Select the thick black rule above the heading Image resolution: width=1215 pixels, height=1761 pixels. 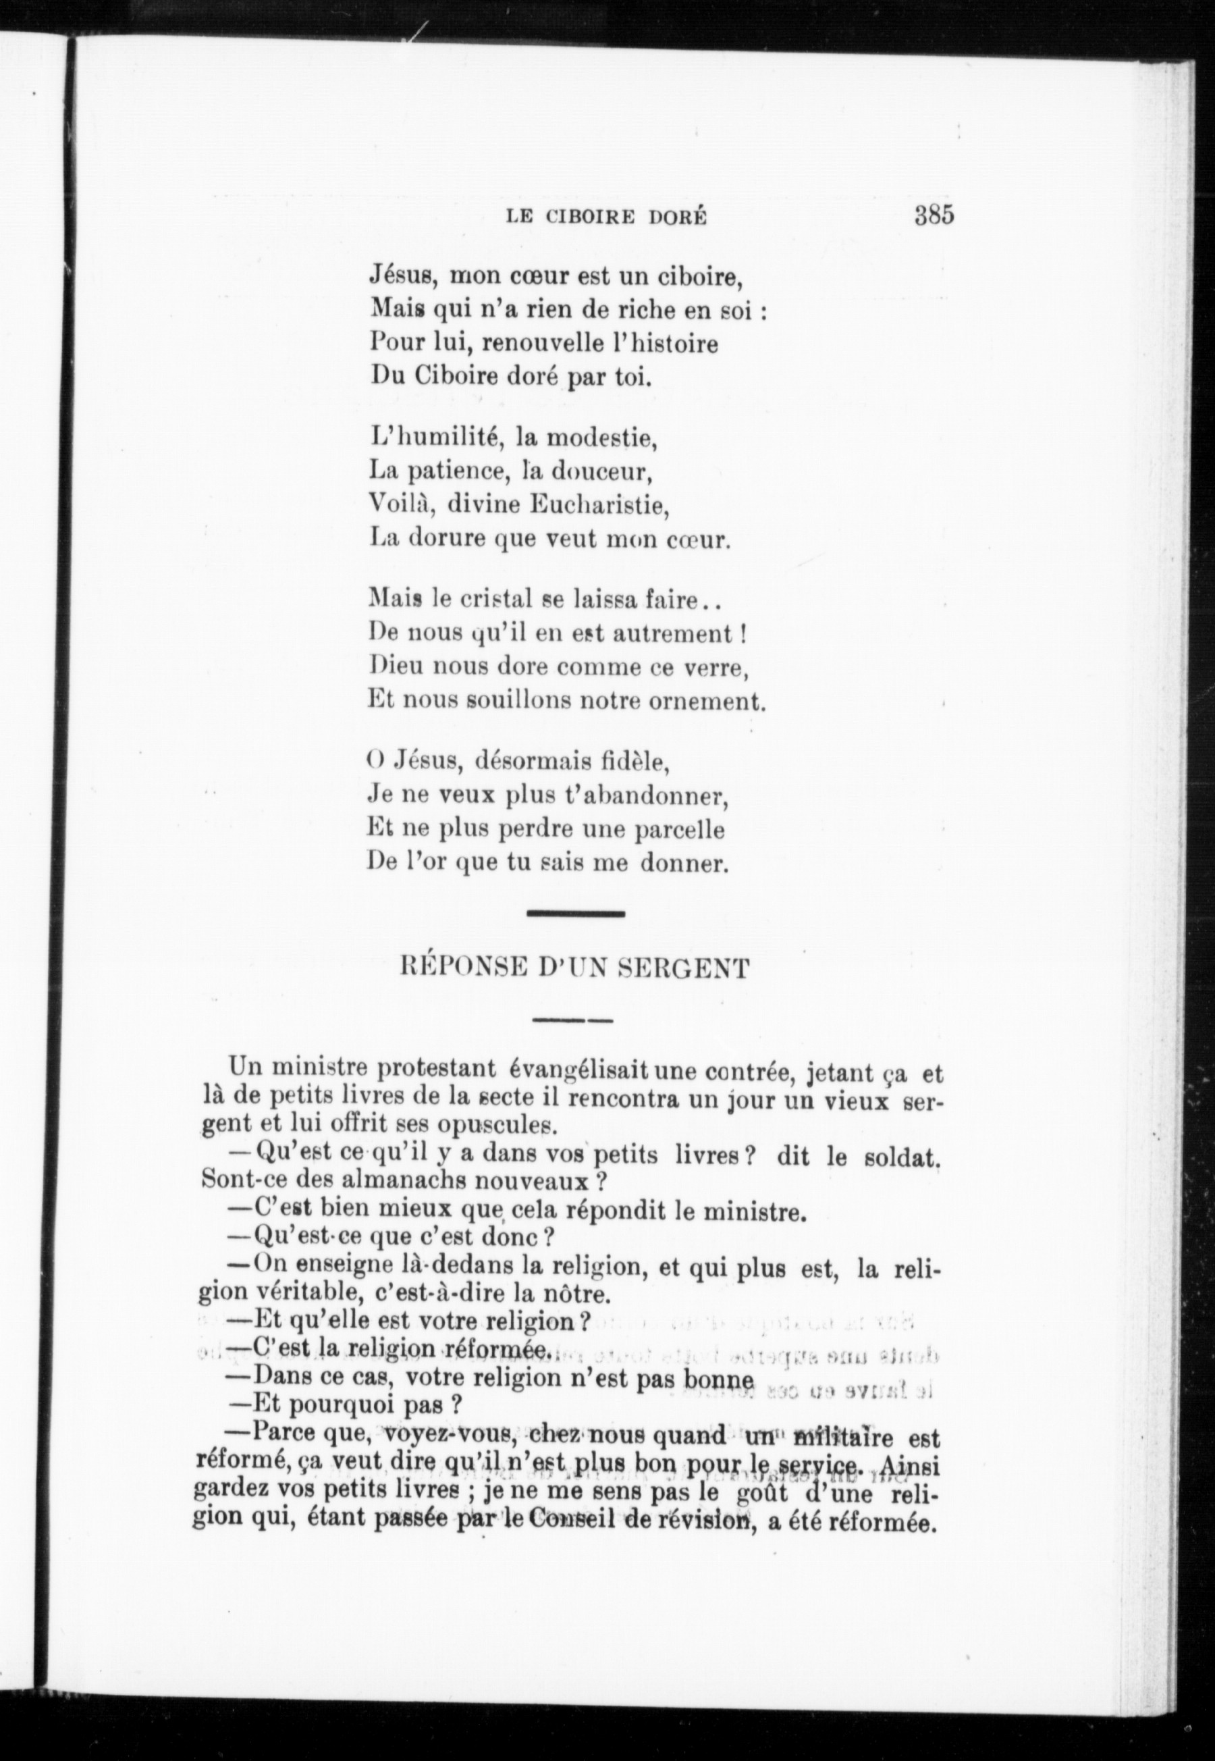576,913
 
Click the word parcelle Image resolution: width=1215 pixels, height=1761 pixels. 679,829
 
